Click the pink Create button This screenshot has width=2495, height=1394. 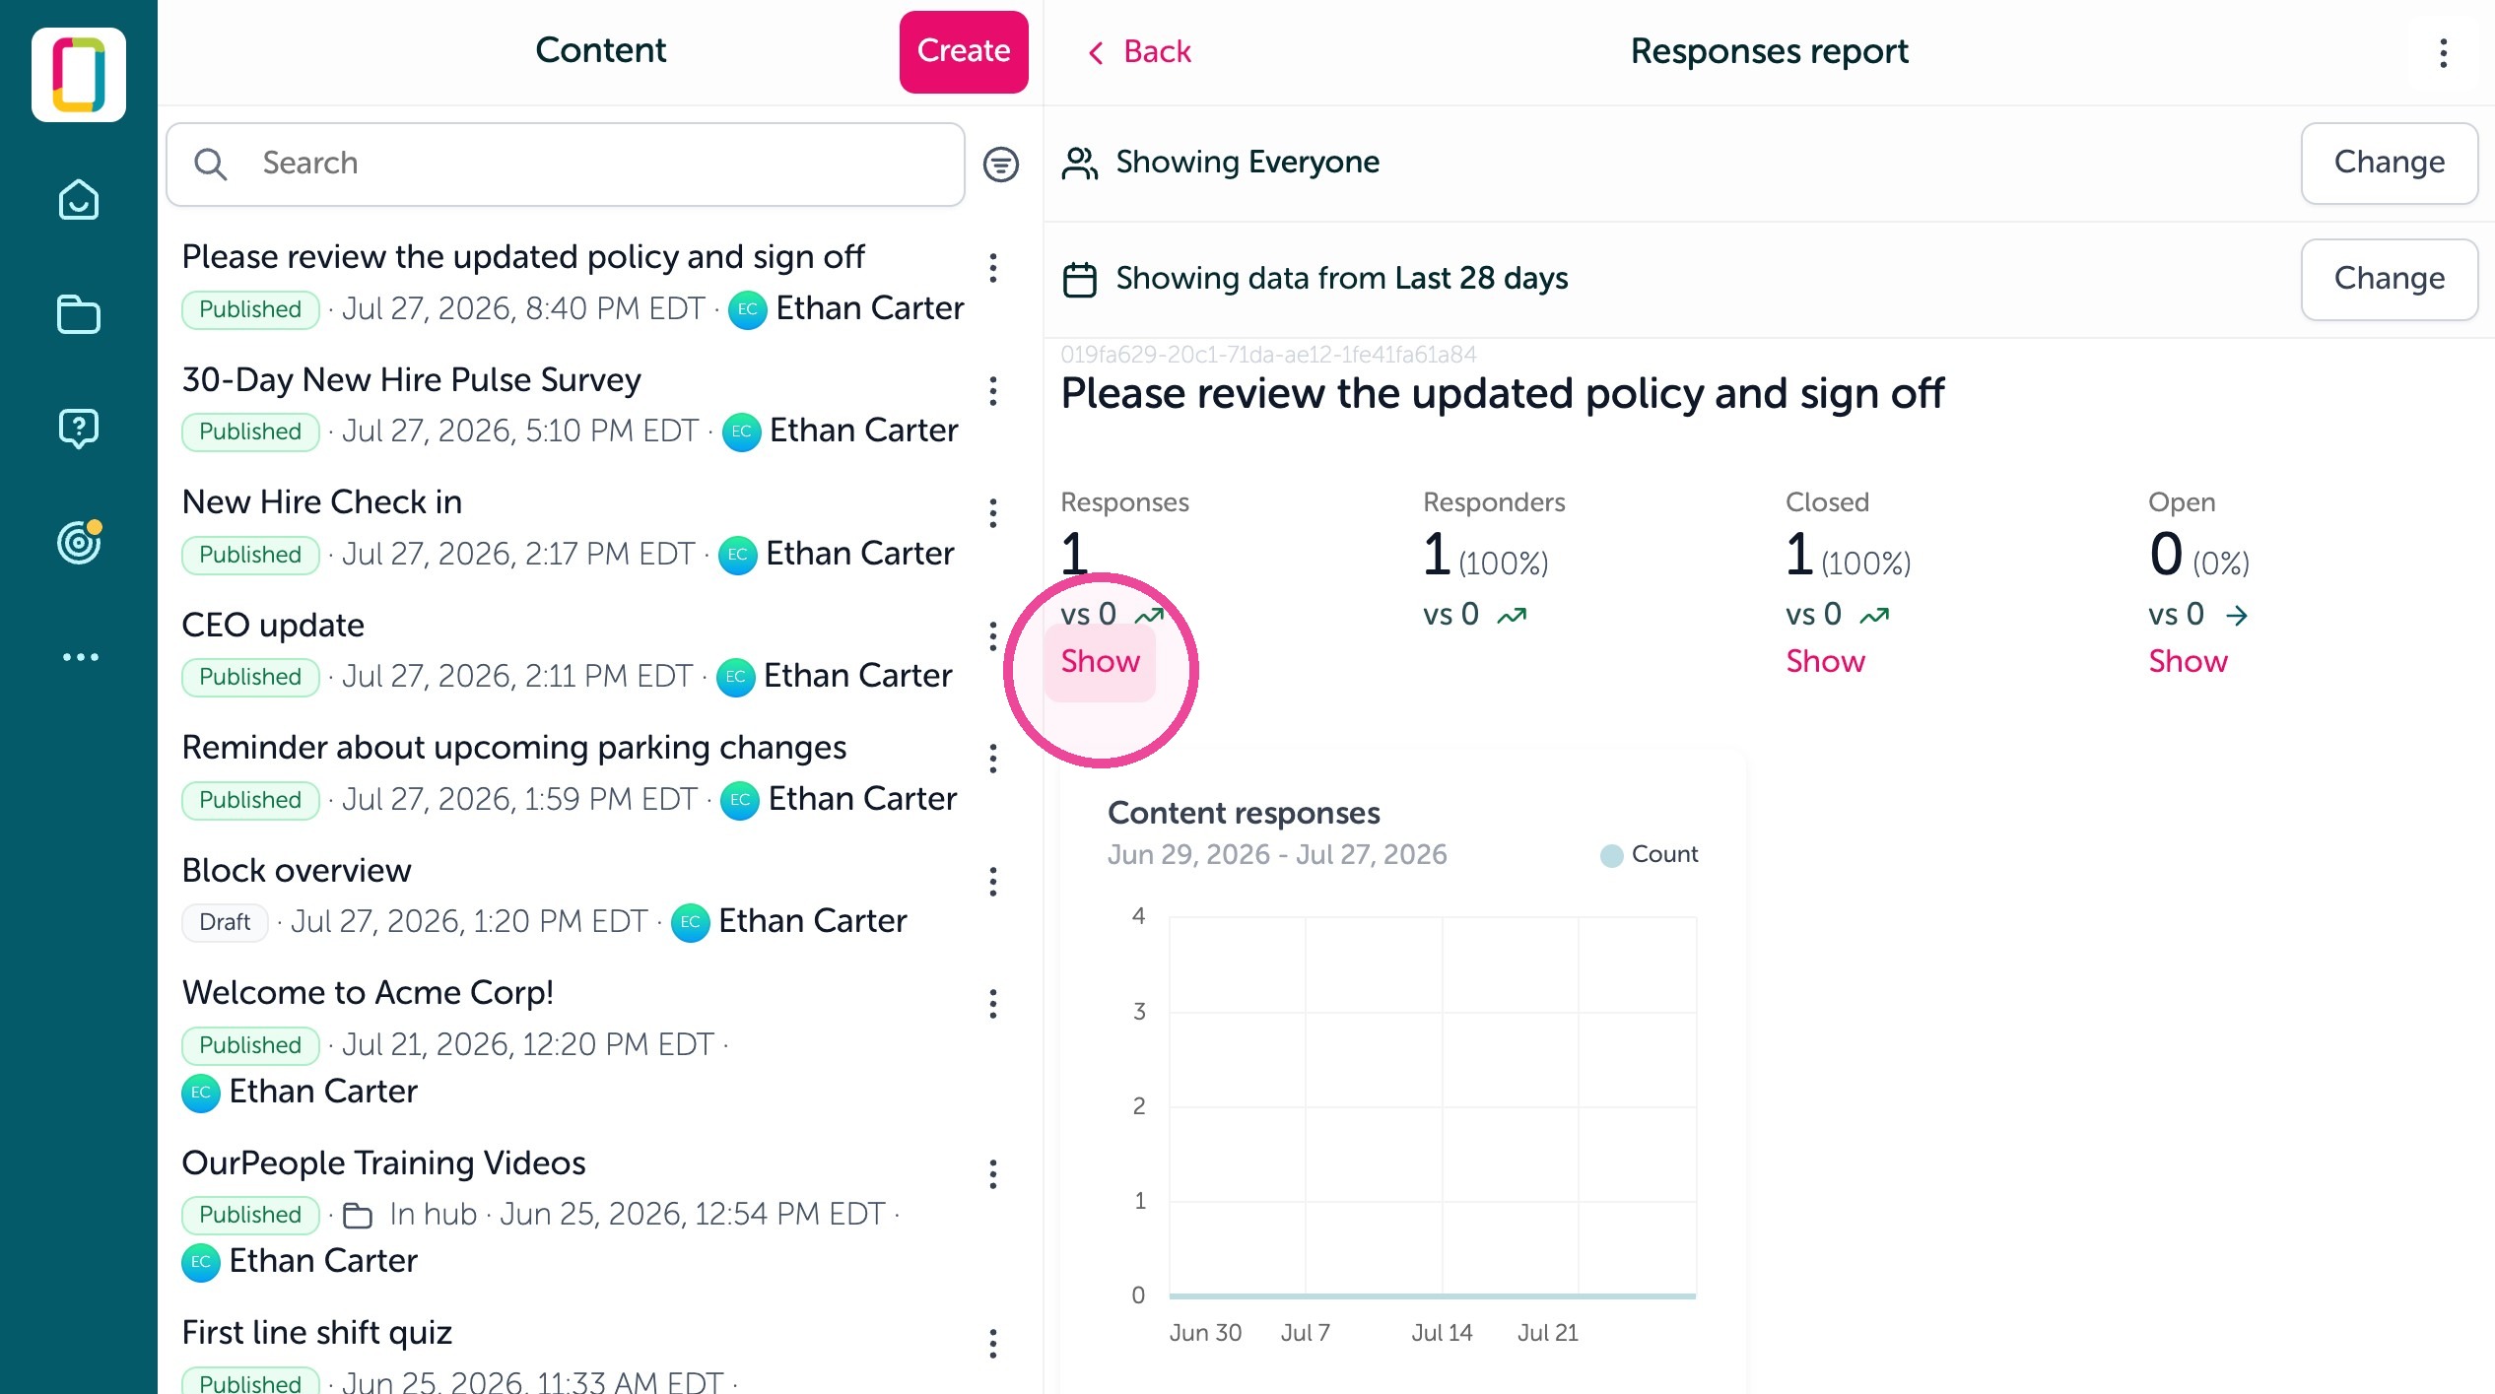pyautogui.click(x=963, y=51)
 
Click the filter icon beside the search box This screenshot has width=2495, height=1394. pyautogui.click(x=1000, y=164)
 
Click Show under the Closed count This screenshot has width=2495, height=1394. pyautogui.click(x=1825, y=661)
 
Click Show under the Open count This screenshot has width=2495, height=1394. pyautogui.click(x=2188, y=661)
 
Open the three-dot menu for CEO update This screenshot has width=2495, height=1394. pyautogui.click(x=992, y=636)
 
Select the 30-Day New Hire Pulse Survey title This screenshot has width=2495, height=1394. pyautogui.click(x=412, y=379)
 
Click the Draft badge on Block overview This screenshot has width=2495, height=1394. pyautogui.click(x=225, y=922)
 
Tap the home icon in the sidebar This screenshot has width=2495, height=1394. pyautogui.click(x=79, y=200)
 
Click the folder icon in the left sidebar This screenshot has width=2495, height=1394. pyautogui.click(x=79, y=315)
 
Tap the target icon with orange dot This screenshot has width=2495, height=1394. pyautogui.click(x=80, y=542)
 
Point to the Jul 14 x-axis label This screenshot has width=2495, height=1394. pyautogui.click(x=1442, y=1333)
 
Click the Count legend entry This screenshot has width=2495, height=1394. pyautogui.click(x=1650, y=854)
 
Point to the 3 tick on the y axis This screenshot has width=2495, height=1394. pyautogui.click(x=1139, y=1011)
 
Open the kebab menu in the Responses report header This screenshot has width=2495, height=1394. pyautogui.click(x=2443, y=52)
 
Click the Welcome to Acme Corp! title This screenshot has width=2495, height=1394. pyautogui.click(x=368, y=992)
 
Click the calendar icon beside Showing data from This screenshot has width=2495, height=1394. pyautogui.click(x=1080, y=279)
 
